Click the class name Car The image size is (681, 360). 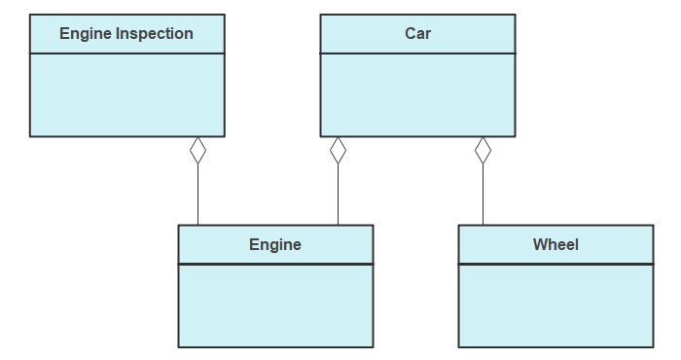click(x=418, y=34)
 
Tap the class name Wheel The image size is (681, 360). click(x=556, y=244)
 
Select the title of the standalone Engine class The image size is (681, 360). click(x=275, y=244)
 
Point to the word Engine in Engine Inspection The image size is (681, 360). click(x=86, y=34)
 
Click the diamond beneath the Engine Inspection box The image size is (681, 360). click(x=198, y=150)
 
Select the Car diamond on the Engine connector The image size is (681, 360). click(x=338, y=150)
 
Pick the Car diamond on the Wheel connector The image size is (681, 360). click(x=483, y=150)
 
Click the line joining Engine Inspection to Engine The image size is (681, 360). click(x=198, y=195)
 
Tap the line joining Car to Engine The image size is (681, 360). click(x=338, y=195)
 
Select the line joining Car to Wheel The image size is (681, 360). click(x=483, y=195)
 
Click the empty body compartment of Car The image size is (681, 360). click(x=418, y=94)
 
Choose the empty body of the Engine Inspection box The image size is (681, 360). click(x=127, y=94)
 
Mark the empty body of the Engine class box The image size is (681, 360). click(x=275, y=305)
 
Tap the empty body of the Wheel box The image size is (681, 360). click(x=556, y=305)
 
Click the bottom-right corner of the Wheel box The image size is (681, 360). click(x=653, y=346)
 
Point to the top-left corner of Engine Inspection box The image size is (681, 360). click(x=30, y=15)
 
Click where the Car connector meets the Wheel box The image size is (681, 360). click(x=483, y=226)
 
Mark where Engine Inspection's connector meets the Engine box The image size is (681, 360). click(x=198, y=226)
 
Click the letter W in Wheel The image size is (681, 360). click(x=539, y=244)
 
